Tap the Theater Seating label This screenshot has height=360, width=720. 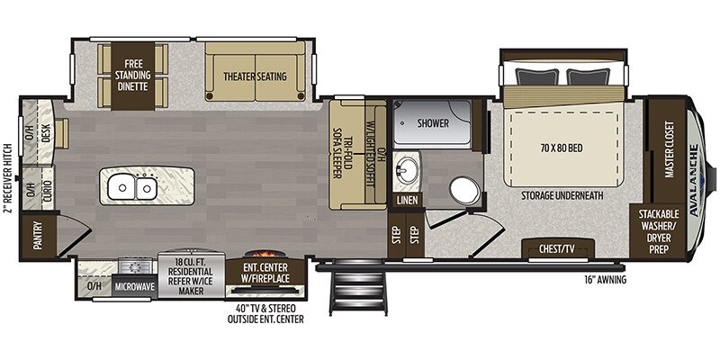pos(255,76)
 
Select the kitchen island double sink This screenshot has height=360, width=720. pos(132,187)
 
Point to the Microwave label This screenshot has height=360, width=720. pos(135,287)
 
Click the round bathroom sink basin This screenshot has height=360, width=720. pos(408,171)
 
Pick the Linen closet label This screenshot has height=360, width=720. pos(406,200)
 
